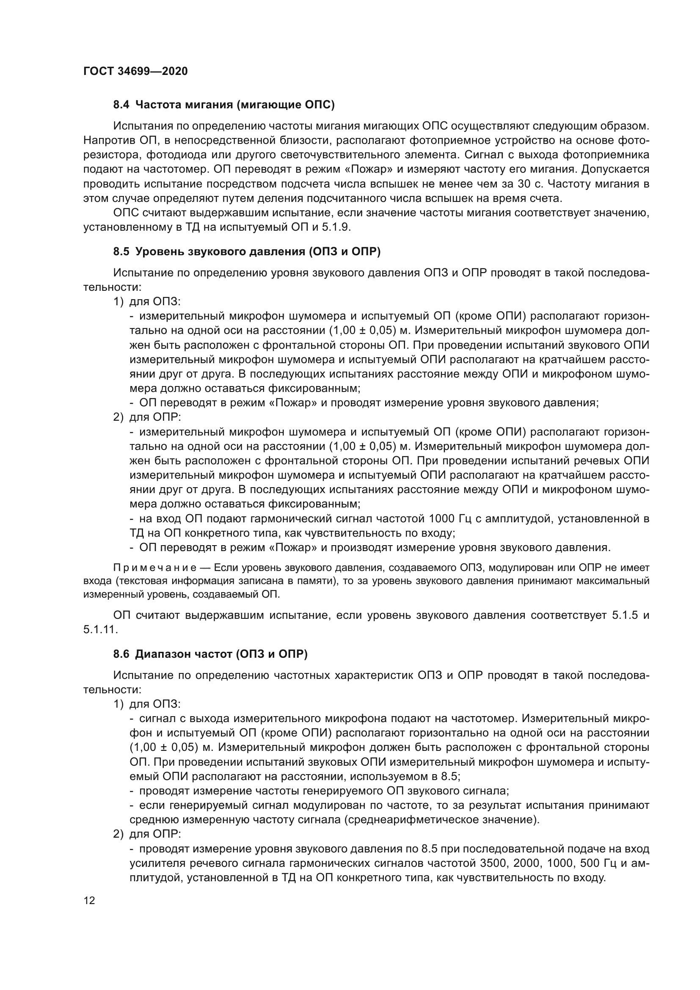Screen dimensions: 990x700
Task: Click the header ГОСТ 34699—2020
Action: point(135,71)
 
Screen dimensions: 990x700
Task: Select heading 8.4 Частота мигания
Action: point(224,105)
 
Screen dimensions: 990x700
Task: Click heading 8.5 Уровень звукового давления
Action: point(247,252)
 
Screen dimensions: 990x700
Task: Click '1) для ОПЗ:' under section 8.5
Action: point(146,301)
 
